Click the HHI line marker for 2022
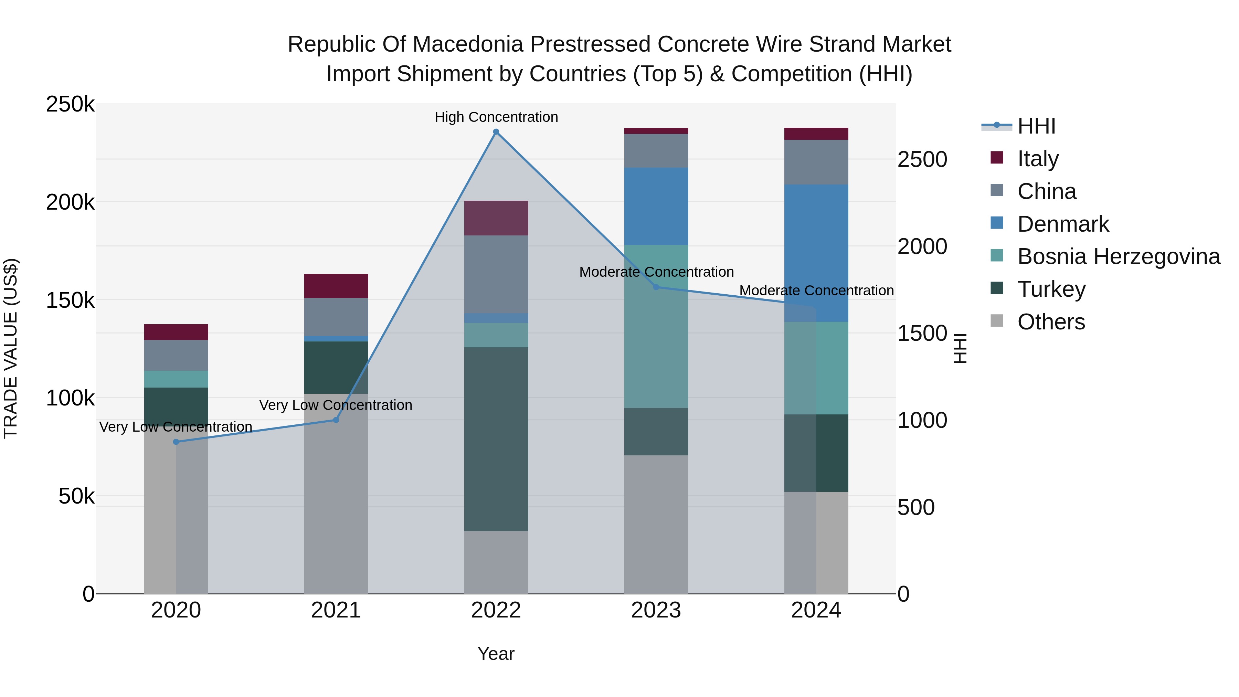(x=496, y=132)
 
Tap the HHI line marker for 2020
(x=176, y=442)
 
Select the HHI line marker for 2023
(x=656, y=287)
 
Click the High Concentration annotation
(x=496, y=117)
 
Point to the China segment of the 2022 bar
(x=496, y=274)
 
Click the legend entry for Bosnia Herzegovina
(x=1118, y=256)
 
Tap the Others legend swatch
(x=997, y=321)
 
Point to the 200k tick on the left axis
(x=70, y=202)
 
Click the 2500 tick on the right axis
(x=922, y=160)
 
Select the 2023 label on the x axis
(x=656, y=610)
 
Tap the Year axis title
(x=496, y=654)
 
